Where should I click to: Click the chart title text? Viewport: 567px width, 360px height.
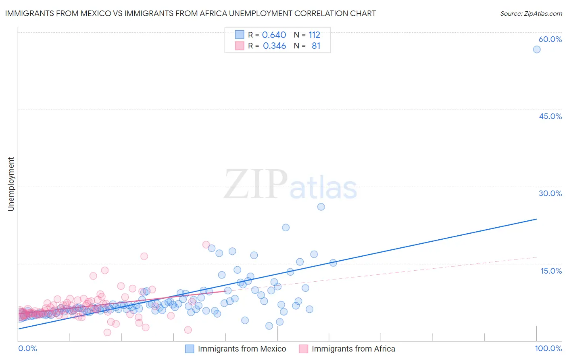point(190,14)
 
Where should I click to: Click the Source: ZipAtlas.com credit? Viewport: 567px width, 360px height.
point(531,14)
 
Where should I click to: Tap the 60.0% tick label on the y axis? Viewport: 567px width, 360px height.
point(550,39)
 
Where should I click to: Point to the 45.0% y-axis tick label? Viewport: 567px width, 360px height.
point(550,116)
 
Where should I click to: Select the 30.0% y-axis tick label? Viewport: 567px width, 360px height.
point(550,193)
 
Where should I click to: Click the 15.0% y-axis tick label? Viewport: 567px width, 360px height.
point(551,271)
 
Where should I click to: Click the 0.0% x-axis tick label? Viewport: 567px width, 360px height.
point(27,348)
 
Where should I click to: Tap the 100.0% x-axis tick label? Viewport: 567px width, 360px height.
point(548,348)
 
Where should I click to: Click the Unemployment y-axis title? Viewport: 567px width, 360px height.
point(11,184)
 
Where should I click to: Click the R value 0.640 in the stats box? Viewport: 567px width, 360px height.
point(274,35)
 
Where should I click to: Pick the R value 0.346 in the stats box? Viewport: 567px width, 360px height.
point(274,46)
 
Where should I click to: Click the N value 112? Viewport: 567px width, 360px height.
point(314,35)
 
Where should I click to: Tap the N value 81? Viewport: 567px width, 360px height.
point(316,46)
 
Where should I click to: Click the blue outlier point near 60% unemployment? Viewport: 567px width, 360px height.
point(537,49)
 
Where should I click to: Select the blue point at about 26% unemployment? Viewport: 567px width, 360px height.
point(321,207)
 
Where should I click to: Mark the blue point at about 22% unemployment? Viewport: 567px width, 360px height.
point(286,227)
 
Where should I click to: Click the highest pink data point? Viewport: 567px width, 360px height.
point(206,245)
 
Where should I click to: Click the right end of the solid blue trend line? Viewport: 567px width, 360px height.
point(536,219)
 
